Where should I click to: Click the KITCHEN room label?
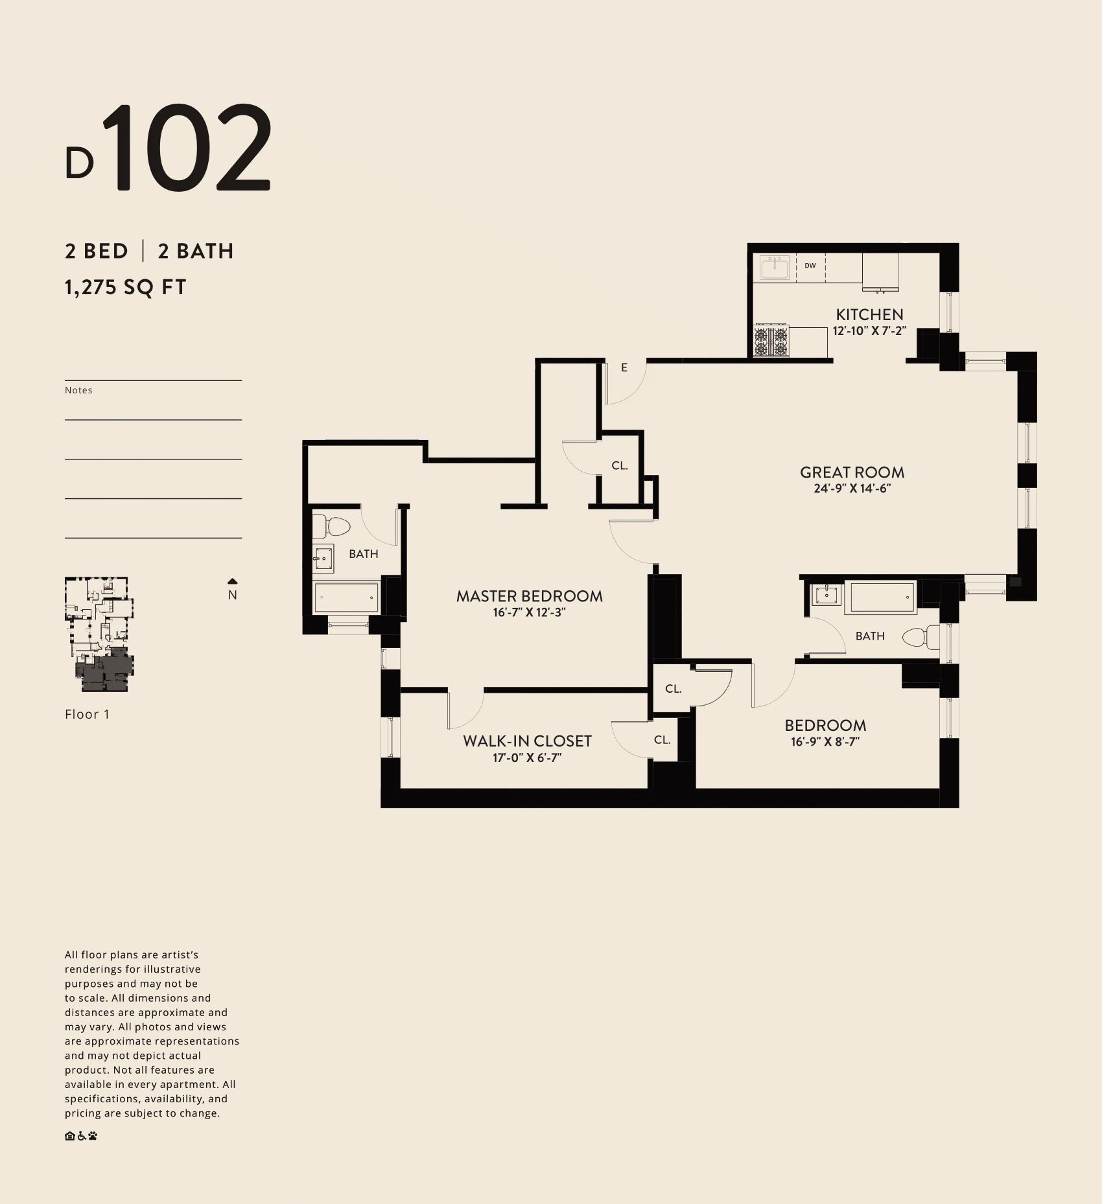pos(869,314)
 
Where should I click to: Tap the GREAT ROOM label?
pos(852,472)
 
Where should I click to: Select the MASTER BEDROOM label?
pos(529,596)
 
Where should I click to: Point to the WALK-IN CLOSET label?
pos(527,741)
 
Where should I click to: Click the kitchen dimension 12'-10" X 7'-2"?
pos(869,330)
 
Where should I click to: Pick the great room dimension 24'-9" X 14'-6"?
pos(852,489)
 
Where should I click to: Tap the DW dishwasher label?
pos(810,266)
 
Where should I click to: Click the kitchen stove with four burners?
pos(771,341)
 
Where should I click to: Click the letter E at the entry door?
pos(624,367)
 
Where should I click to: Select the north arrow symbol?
pos(233,581)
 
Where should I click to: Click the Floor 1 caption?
pos(88,714)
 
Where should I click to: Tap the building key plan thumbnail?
pos(99,634)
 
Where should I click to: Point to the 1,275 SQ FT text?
pos(126,286)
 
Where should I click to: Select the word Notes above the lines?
pos(78,390)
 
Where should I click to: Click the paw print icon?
pos(93,1135)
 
